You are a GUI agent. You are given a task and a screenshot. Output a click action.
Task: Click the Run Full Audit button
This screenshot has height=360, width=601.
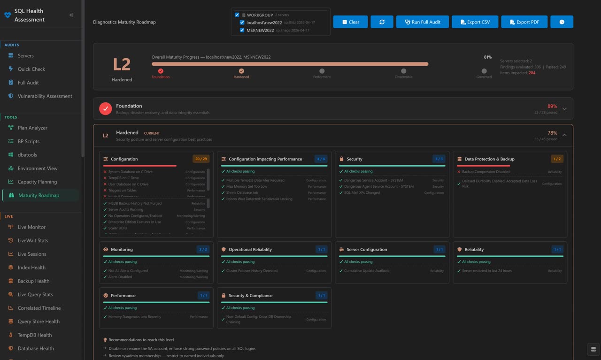coord(423,22)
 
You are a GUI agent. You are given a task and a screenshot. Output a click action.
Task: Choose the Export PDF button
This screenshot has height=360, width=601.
coord(524,22)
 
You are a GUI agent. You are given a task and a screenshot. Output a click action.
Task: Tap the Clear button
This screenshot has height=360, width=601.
coord(350,22)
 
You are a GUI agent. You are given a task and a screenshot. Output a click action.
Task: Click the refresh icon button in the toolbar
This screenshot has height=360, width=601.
coord(382,22)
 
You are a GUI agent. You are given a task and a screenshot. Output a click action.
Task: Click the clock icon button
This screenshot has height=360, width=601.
coord(562,22)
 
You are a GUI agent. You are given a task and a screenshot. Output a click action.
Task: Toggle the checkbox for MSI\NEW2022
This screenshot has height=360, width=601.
coord(242,31)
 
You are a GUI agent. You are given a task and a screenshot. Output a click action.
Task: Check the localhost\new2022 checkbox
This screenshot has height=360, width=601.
coord(242,23)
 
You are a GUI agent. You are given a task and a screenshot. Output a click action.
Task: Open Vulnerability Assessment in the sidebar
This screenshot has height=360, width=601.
coord(45,96)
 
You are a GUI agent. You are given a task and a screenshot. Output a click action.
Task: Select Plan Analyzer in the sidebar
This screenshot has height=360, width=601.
coord(32,128)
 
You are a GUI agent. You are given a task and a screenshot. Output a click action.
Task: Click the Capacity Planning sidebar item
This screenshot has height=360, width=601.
coord(37,182)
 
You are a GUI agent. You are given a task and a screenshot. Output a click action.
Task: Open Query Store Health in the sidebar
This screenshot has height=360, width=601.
coord(39,322)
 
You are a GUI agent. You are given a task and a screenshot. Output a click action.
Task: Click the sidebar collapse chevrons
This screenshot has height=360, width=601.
coord(71,15)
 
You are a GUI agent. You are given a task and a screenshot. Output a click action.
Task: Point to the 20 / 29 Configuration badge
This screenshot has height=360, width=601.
coord(200,159)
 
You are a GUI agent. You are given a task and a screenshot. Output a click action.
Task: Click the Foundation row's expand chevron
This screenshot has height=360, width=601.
coord(564,109)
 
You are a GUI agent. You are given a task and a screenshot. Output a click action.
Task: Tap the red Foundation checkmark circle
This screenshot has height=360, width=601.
coord(105,108)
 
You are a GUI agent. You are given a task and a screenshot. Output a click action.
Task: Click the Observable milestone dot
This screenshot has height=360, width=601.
coord(403,71)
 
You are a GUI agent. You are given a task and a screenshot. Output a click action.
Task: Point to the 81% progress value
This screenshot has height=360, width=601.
coord(487,57)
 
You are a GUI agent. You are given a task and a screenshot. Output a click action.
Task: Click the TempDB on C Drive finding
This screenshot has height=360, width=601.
coord(123,178)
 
